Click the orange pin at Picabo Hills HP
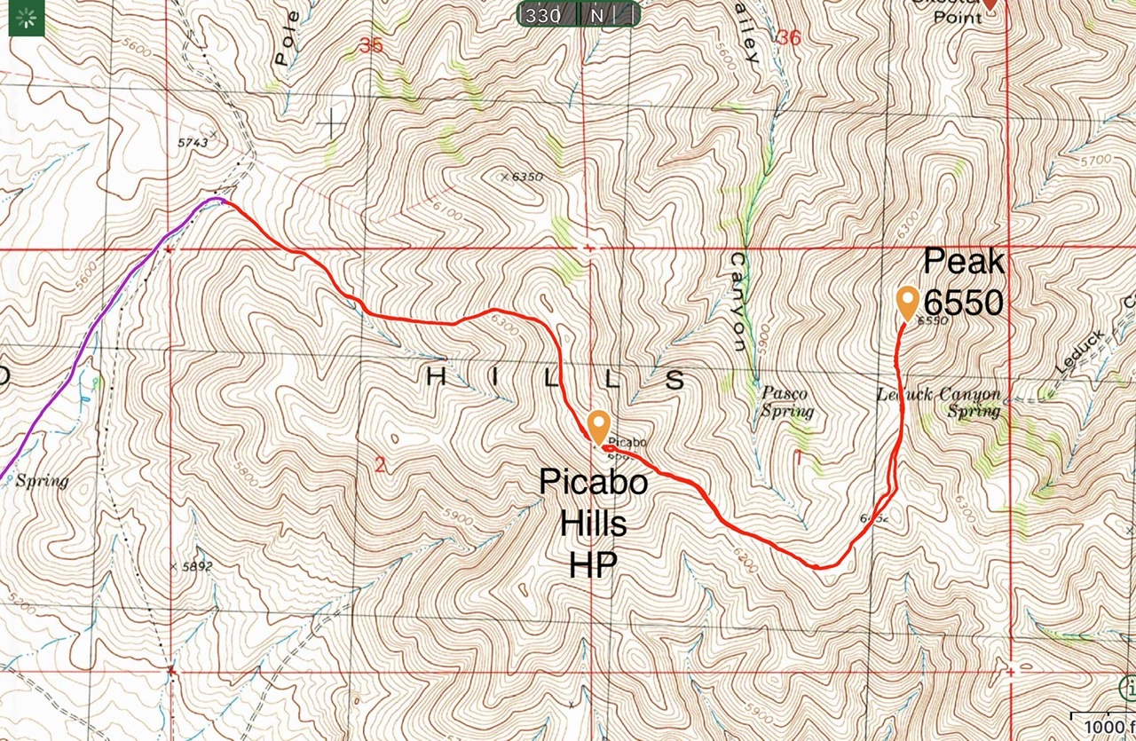tap(598, 426)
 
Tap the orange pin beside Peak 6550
tap(907, 302)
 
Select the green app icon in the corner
tap(27, 18)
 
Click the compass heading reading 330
tap(543, 15)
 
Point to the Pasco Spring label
tap(786, 402)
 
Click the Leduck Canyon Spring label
tap(939, 402)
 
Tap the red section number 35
tap(371, 43)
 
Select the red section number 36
tap(788, 38)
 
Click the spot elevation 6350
tap(524, 177)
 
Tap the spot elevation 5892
tap(193, 566)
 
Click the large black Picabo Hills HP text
tap(593, 523)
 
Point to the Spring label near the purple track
tap(43, 481)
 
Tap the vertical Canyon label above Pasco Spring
tap(738, 302)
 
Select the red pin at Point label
tap(989, 4)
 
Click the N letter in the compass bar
tap(596, 15)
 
